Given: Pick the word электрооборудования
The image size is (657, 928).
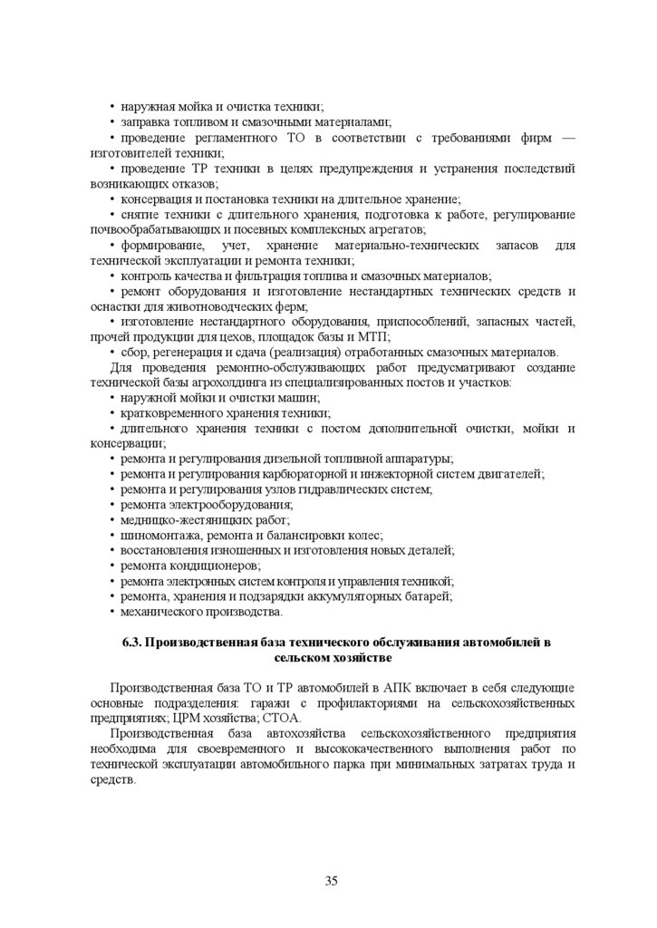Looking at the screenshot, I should [x=231, y=505].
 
